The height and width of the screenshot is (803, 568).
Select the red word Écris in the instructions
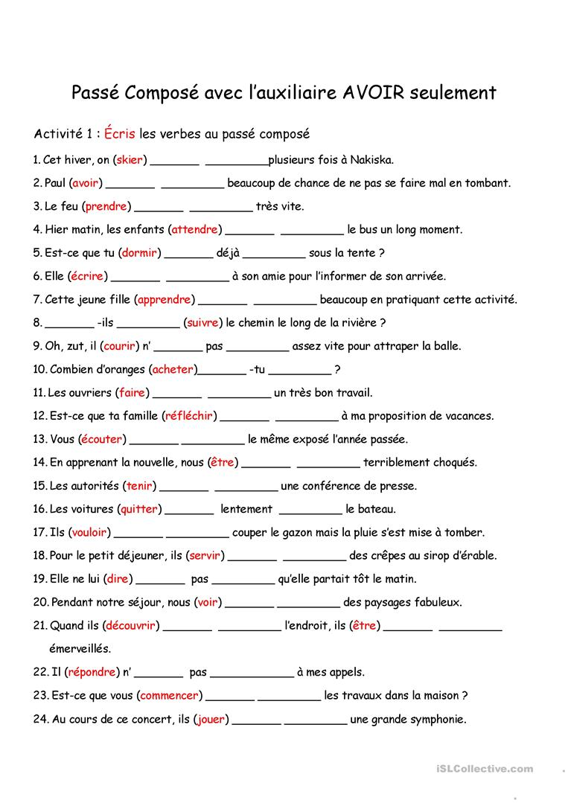[x=120, y=135]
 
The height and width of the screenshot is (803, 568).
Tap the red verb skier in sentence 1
[x=131, y=159]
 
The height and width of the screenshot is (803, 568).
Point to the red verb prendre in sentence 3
[x=106, y=206]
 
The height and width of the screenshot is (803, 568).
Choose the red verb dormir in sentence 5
[x=139, y=253]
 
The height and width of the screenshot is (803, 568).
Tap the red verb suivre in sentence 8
[x=202, y=323]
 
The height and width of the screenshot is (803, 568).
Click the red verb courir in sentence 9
[x=119, y=346]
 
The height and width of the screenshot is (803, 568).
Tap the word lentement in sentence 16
[x=246, y=509]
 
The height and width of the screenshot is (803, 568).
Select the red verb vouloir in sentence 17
[x=89, y=532]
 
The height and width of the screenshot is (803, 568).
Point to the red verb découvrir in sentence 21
[x=130, y=626]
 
